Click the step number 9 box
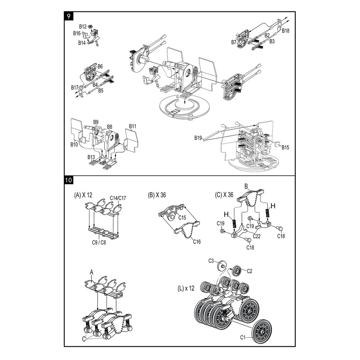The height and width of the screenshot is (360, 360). [x=68, y=16]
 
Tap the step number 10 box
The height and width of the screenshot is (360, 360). [x=68, y=180]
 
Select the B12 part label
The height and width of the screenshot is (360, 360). [x=83, y=27]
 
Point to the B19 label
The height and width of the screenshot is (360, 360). [x=198, y=138]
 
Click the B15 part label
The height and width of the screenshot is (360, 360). [x=285, y=147]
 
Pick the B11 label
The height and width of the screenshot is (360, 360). [x=132, y=126]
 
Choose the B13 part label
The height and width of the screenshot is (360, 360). [x=91, y=157]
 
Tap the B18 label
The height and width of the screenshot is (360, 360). [x=285, y=31]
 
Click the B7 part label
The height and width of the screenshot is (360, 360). [x=234, y=42]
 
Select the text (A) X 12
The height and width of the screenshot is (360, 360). [x=83, y=195]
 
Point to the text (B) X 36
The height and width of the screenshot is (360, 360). [x=157, y=195]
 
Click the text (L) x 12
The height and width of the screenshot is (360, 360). [x=186, y=288]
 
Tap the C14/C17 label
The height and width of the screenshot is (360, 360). [x=118, y=198]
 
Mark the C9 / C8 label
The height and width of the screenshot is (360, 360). [x=99, y=242]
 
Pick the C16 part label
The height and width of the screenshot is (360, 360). [x=197, y=242]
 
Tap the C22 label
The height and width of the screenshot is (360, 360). [x=256, y=236]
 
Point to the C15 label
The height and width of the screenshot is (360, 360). [x=182, y=217]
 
